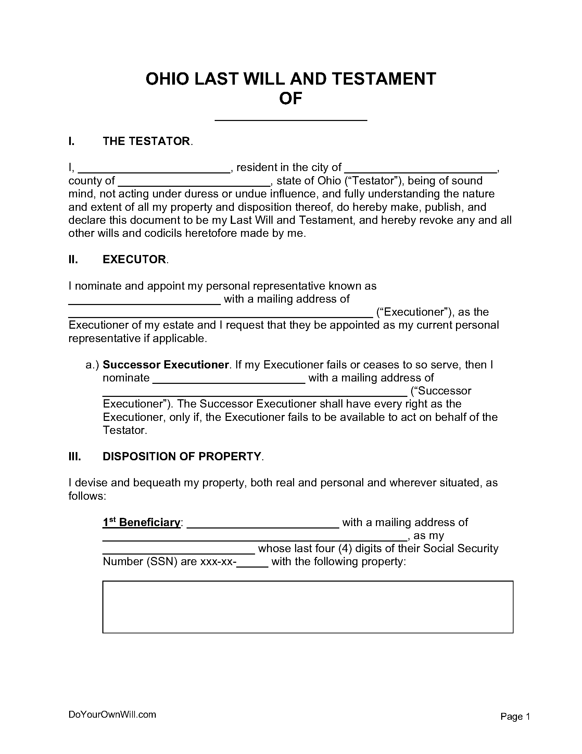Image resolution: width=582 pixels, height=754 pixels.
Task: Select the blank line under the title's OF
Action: pyautogui.click(x=291, y=117)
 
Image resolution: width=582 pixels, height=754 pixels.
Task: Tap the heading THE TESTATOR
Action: pyautogui.click(x=146, y=141)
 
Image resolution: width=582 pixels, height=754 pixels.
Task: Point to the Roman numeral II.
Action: pyautogui.click(x=73, y=259)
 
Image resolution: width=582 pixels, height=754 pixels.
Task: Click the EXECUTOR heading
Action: pyautogui.click(x=135, y=259)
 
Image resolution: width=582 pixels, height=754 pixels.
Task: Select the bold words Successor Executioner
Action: pyautogui.click(x=165, y=365)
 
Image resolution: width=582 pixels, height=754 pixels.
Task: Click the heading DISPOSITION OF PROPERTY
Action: pyautogui.click(x=182, y=457)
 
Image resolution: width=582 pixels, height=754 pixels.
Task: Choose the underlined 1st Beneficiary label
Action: pyautogui.click(x=141, y=522)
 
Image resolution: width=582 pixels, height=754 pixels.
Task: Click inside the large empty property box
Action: pyautogui.click(x=307, y=607)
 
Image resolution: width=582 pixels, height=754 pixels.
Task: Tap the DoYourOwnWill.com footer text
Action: pyautogui.click(x=112, y=714)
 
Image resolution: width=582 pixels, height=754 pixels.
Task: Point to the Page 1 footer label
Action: pyautogui.click(x=515, y=717)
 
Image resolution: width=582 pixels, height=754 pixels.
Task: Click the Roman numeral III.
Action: pyautogui.click(x=75, y=457)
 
